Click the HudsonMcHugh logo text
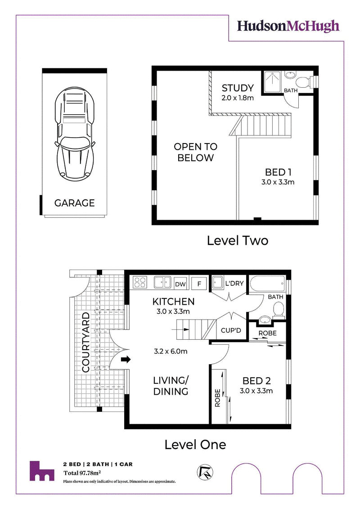coord(288,26)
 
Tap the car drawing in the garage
coord(75,134)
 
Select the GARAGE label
coord(74,203)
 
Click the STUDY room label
coord(238,88)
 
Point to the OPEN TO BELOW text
coord(195,152)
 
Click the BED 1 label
coord(278,172)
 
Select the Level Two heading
coord(238,240)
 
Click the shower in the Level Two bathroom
coord(272,82)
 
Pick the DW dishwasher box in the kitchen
coord(180,284)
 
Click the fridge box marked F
coord(199,284)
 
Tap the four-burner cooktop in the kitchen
coord(140,283)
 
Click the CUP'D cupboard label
coord(231,330)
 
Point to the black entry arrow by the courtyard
coord(126,359)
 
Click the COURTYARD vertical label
coord(85,342)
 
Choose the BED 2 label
coord(256,381)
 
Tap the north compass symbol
coord(205,472)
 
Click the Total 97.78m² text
coord(82,473)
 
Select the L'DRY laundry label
coord(234,284)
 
